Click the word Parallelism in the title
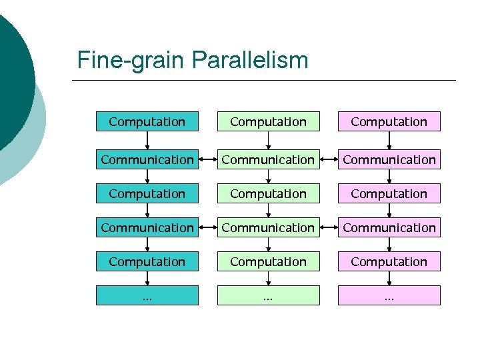click(x=250, y=61)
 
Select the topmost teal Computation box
click(x=147, y=121)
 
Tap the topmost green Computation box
click(x=268, y=121)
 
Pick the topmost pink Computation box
click(x=389, y=121)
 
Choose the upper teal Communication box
click(x=147, y=159)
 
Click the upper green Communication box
click(x=268, y=159)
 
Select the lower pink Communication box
click(x=389, y=227)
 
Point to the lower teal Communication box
click(x=147, y=227)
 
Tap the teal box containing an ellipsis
click(x=147, y=295)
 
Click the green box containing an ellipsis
click(x=268, y=295)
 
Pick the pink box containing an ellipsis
click(x=389, y=295)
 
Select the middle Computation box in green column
click(x=268, y=193)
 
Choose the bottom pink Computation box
click(x=389, y=261)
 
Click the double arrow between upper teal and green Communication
click(x=208, y=160)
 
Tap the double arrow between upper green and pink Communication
click(x=329, y=160)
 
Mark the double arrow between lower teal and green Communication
click(x=208, y=228)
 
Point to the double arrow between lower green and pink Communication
click(x=329, y=228)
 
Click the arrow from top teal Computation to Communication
click(x=147, y=140)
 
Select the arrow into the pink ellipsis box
click(x=389, y=279)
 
